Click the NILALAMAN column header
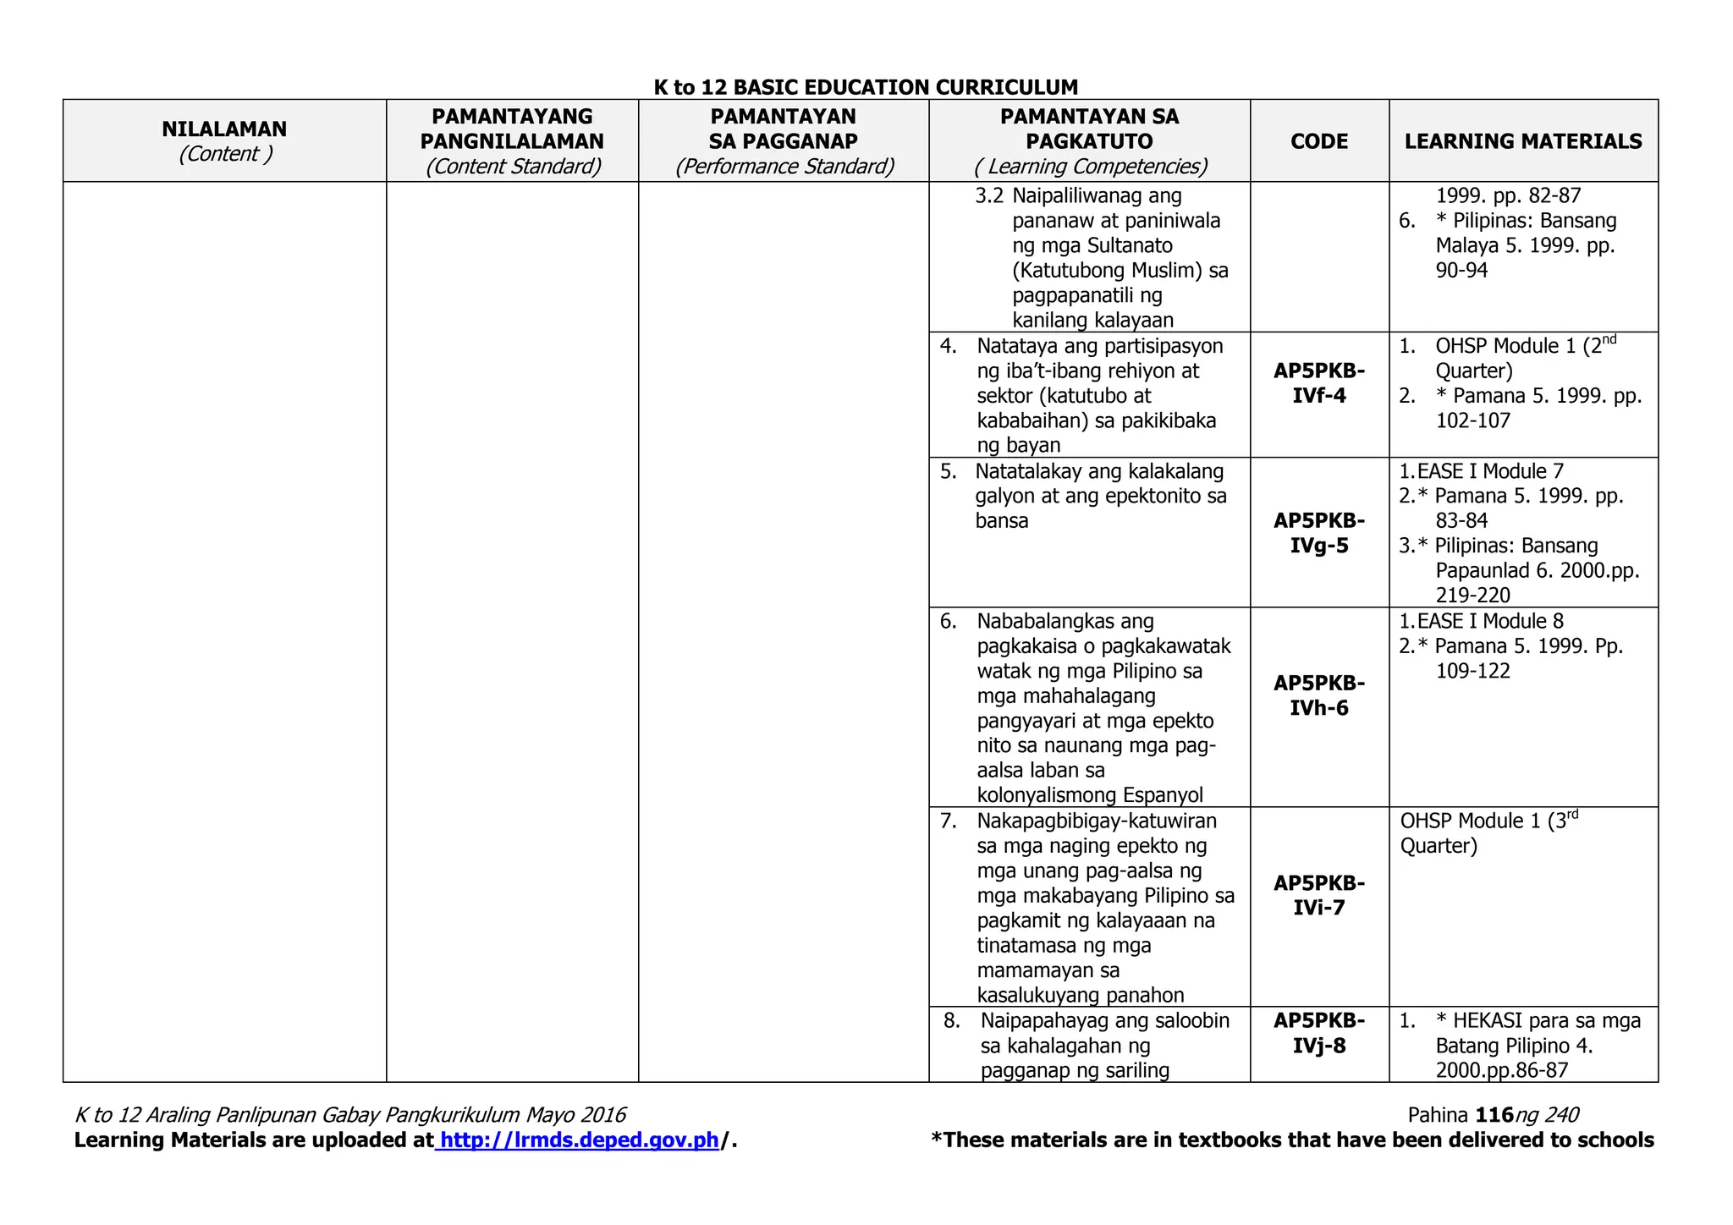(224, 129)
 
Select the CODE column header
(1319, 141)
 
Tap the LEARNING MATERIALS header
(1523, 141)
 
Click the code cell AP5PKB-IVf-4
(1319, 383)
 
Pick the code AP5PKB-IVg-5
(1319, 533)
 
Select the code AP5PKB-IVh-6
(1319, 695)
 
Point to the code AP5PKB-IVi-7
(1319, 895)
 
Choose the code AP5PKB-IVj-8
(1319, 1033)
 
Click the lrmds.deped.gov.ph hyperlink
(580, 1140)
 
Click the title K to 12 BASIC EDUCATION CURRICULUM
(866, 87)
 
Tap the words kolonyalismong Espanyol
(1090, 795)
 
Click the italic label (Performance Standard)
(784, 167)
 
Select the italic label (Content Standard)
(513, 167)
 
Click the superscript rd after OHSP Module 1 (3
(1572, 815)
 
